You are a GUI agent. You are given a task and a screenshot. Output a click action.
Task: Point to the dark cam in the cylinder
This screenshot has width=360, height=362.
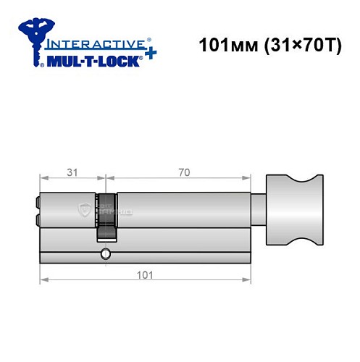tap(106, 217)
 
